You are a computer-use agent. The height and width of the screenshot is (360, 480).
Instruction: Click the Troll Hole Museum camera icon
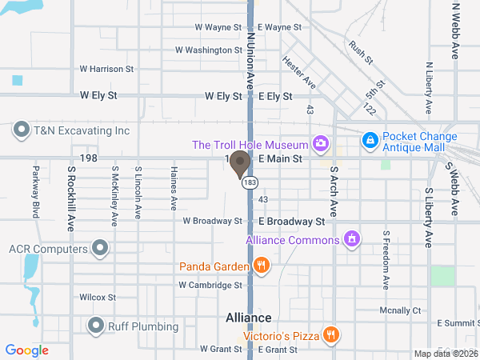coord(321,143)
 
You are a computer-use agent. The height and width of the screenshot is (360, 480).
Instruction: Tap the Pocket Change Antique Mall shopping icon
coord(370,141)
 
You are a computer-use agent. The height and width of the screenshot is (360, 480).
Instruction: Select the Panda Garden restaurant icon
coord(260,265)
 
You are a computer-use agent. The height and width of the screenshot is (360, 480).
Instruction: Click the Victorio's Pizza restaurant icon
coord(329,334)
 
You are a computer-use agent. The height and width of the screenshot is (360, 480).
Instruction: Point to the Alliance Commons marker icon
coord(350,238)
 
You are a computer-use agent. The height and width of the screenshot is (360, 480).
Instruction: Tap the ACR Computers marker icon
coord(100,248)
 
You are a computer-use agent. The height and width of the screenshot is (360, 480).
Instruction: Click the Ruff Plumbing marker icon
coord(97,325)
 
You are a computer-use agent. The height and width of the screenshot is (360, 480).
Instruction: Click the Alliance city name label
coord(248,318)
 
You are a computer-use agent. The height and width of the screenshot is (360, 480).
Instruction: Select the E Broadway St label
coord(290,221)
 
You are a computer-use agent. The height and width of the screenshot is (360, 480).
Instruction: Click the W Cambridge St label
coord(210,285)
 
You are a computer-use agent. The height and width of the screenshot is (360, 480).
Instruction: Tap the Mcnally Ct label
coord(399,310)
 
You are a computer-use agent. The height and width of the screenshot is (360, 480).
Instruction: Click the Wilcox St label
coord(98,297)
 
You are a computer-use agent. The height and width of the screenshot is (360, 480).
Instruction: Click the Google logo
coord(27,350)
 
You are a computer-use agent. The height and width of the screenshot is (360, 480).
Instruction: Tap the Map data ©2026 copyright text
coord(445,354)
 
